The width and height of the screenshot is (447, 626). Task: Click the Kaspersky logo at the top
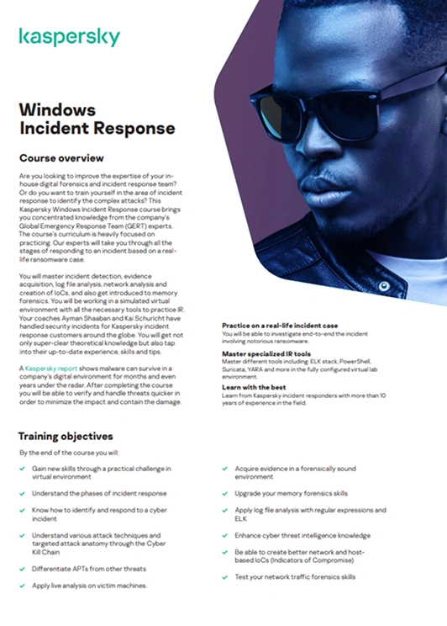(69, 37)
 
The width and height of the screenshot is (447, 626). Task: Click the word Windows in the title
(57, 110)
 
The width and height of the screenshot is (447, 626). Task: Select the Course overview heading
(61, 157)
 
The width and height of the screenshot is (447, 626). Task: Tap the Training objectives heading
(66, 437)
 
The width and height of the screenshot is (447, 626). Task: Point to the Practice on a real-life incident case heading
(280, 325)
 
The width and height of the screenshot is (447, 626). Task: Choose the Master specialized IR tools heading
(269, 354)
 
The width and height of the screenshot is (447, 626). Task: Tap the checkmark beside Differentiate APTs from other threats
(23, 569)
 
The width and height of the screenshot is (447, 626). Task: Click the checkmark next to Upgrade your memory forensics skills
(226, 493)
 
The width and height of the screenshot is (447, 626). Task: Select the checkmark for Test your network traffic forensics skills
(226, 577)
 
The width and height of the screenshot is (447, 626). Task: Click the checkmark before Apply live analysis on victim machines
(23, 585)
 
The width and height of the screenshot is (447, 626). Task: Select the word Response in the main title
(134, 129)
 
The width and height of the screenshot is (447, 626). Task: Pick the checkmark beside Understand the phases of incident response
(23, 493)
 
